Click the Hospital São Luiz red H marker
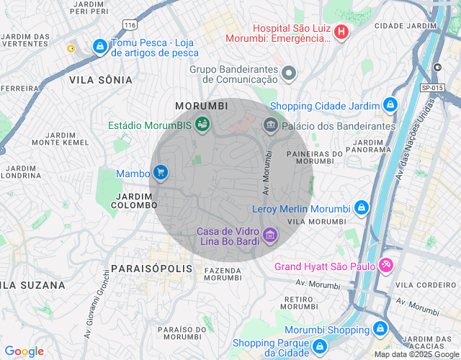coord(341,32)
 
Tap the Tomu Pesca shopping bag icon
coord(99,48)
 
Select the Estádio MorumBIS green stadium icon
coord(203,125)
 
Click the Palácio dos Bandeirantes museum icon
coord(271,125)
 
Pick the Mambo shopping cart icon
coord(160,173)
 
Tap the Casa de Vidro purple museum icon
coord(270,235)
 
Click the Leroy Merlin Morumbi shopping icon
coord(361,210)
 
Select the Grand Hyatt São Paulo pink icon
coord(386,266)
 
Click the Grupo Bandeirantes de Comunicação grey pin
coord(289,73)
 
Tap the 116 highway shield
coord(130,24)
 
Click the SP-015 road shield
coord(431,87)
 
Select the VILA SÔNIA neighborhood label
coord(100,80)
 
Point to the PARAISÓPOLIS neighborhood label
coord(152,269)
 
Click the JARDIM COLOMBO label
coord(134,200)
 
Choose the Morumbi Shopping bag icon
coord(381,329)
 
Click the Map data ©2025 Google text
coord(416,354)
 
